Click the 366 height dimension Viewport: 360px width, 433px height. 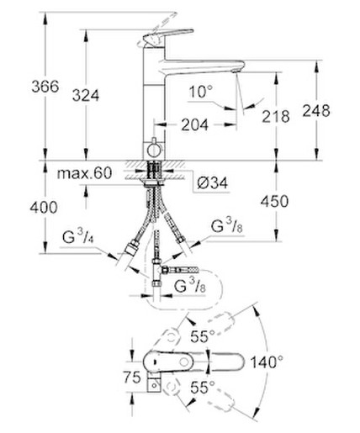click(45, 87)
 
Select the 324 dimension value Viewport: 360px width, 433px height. click(86, 95)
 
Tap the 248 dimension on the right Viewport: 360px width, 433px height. click(316, 111)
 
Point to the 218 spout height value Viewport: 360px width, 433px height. click(276, 116)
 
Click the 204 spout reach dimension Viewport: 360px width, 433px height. click(195, 124)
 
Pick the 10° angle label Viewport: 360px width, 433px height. click(201, 92)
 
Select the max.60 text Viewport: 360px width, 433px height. click(84, 173)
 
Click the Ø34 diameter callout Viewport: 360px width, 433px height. click(213, 183)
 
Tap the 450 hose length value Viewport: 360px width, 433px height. click(274, 201)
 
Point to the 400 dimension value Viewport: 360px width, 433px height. click(44, 208)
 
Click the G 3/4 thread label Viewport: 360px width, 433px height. click(78, 235)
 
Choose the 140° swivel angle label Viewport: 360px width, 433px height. click(267, 362)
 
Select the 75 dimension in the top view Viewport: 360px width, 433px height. click(132, 378)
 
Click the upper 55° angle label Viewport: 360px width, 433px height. click(203, 336)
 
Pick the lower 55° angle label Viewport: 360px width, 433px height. click(203, 388)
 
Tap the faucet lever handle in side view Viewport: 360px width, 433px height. click(168, 35)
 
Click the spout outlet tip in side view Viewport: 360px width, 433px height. click(236, 70)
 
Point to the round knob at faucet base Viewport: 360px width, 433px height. click(154, 150)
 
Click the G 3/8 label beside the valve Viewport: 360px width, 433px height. click(190, 286)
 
